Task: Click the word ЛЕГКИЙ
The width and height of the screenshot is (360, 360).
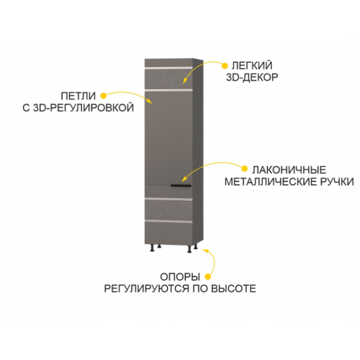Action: pyautogui.click(x=252, y=66)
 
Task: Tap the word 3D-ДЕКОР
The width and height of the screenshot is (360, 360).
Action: pyautogui.click(x=252, y=77)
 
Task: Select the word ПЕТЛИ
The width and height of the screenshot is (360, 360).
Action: pyautogui.click(x=78, y=96)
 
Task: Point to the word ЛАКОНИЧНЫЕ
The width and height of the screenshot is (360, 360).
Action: pyautogui.click(x=289, y=170)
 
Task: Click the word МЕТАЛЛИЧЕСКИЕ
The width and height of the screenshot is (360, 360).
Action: pyautogui.click(x=271, y=182)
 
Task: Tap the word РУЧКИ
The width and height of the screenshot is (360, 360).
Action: pyautogui.click(x=337, y=182)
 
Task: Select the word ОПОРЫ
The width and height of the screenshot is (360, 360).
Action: pyautogui.click(x=180, y=277)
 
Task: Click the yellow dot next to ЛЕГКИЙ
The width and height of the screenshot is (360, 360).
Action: pyautogui.click(x=225, y=66)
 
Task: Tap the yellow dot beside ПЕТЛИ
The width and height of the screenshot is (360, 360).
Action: pyautogui.click(x=103, y=96)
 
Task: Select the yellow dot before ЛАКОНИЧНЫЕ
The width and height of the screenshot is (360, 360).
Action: pyautogui.click(x=244, y=168)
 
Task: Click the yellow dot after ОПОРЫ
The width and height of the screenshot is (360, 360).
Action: pyautogui.click(x=208, y=276)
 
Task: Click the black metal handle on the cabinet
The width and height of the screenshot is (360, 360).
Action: pyautogui.click(x=181, y=185)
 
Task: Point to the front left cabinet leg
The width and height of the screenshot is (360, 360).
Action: pyautogui.click(x=152, y=248)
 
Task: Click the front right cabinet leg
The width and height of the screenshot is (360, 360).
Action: pyautogui.click(x=189, y=249)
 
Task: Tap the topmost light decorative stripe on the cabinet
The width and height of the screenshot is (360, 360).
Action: pyautogui.click(x=168, y=68)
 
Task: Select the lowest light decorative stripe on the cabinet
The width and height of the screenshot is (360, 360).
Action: pyautogui.click(x=168, y=221)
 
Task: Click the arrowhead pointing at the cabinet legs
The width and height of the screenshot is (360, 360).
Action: pyautogui.click(x=206, y=251)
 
